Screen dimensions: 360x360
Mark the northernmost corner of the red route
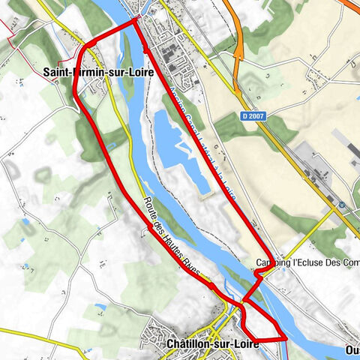pyautogui.click(x=136, y=20)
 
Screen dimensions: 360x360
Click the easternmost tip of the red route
pyautogui.click(x=286, y=338)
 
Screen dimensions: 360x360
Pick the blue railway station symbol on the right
pyautogui.click(x=342, y=204)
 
